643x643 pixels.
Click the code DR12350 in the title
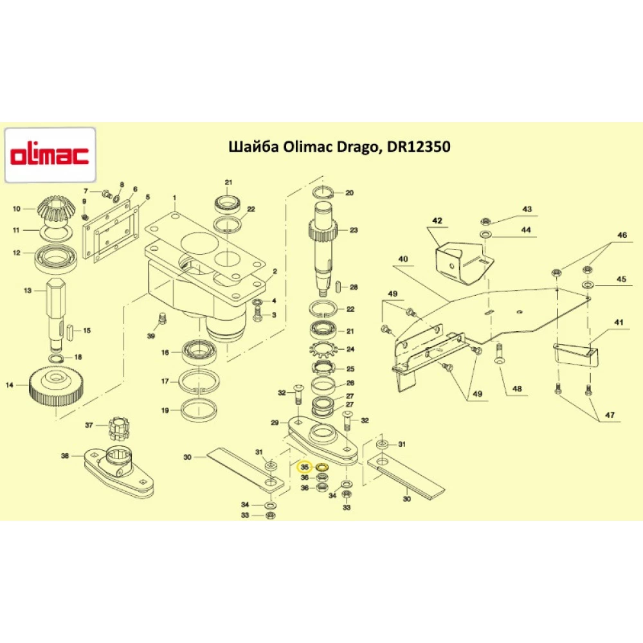tap(419, 147)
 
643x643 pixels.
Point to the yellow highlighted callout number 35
tap(305, 467)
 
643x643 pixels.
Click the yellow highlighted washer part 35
tap(323, 467)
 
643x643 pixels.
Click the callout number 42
tap(437, 221)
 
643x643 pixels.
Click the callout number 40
tap(403, 259)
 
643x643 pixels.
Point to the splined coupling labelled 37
tap(117, 426)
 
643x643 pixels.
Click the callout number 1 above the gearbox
tap(173, 197)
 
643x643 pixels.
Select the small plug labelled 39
tap(162, 318)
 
